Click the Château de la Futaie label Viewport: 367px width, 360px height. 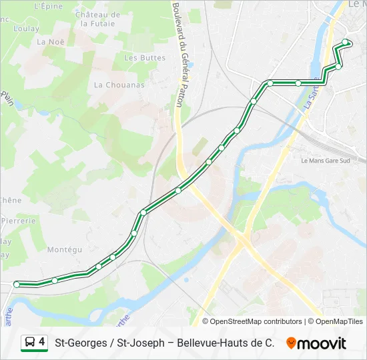98,19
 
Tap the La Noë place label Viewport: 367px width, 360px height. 50,41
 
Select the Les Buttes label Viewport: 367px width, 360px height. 145,58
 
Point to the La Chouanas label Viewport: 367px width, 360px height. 119,85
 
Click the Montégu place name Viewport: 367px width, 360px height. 65,249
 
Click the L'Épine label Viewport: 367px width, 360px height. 47,6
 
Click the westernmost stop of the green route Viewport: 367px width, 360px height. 17,284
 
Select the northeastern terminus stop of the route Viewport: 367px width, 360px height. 345,43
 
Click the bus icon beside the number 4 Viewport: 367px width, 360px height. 29,343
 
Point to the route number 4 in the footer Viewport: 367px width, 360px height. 42,343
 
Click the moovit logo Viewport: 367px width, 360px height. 316,343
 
